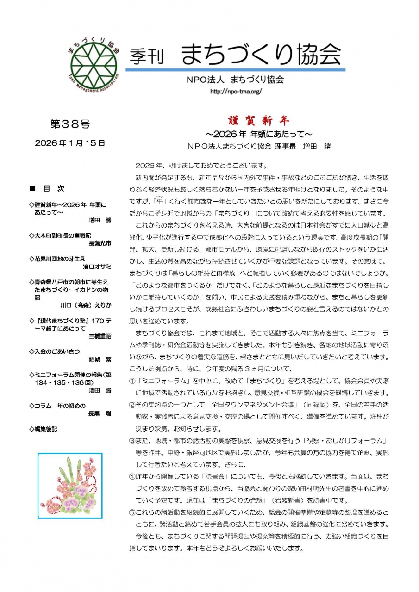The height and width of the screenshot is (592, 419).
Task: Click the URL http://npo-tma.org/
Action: pyautogui.click(x=236, y=91)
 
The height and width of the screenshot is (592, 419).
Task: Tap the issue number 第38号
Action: pyautogui.click(x=70, y=124)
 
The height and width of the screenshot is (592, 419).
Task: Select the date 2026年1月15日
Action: pyautogui.click(x=70, y=143)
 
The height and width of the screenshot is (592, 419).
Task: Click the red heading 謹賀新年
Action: pyautogui.click(x=259, y=121)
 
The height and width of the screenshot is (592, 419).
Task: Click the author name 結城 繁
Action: pyautogui.click(x=100, y=359)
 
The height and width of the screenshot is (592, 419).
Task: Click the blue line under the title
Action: pyautogui.click(x=235, y=70)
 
